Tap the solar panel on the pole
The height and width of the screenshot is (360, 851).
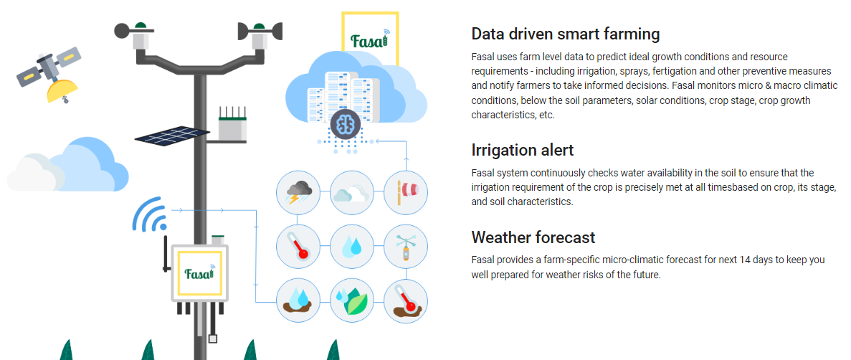171,136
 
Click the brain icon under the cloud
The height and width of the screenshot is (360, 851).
345,124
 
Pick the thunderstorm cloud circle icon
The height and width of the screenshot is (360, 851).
298,192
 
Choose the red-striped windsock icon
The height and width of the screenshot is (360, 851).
405,192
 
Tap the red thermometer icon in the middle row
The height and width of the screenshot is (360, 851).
298,247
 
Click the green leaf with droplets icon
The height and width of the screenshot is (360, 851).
352,300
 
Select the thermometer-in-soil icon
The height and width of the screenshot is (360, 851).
405,300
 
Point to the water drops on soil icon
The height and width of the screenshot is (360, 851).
298,300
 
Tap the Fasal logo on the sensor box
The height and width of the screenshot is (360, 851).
199,273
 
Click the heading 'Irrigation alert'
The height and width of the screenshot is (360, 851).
522,149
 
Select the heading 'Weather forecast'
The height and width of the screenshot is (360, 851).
533,237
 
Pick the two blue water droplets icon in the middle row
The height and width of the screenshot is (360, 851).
352,247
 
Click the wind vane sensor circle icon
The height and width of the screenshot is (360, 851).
405,247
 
